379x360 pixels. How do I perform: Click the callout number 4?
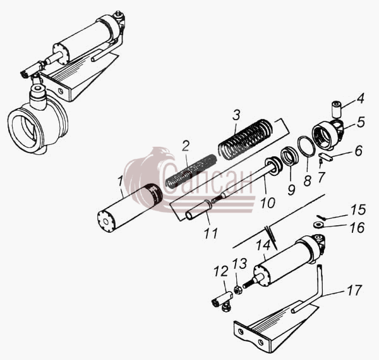(x=360, y=98)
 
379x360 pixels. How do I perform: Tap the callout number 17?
(x=354, y=290)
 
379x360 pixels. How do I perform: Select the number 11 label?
(x=211, y=233)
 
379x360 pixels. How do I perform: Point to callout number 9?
(x=291, y=189)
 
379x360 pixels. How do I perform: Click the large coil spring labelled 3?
(x=246, y=139)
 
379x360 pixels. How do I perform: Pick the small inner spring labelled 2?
(x=191, y=171)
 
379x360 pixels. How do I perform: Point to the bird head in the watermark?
(x=162, y=155)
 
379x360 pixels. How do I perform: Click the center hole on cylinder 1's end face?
(x=105, y=222)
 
